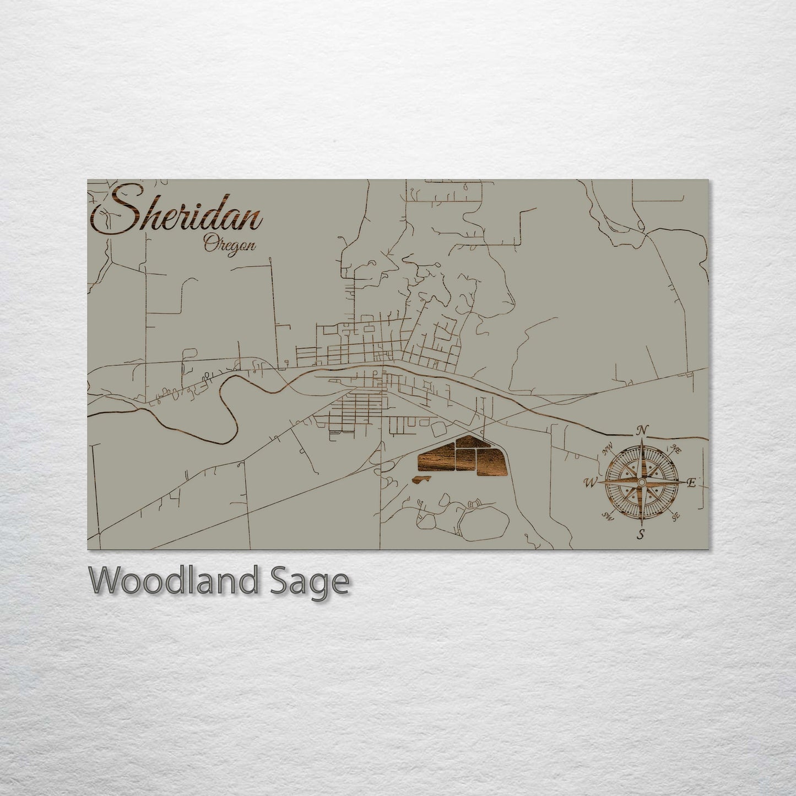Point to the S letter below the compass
coord(641,533)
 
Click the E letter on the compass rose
coord(692,483)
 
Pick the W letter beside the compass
coord(590,483)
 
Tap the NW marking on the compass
coord(608,452)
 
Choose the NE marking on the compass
coord(676,451)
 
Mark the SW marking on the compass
coord(608,515)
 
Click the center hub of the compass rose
coord(641,483)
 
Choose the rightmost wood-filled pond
coord(489,461)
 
